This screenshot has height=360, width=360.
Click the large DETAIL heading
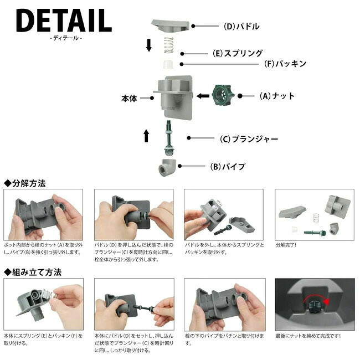tap(64, 20)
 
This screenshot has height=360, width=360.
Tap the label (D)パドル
tap(241, 27)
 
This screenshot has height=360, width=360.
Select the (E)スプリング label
tap(238, 53)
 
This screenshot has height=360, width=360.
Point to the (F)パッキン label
tap(285, 64)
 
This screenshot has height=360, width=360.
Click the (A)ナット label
tap(277, 96)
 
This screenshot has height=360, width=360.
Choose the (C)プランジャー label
tap(249, 139)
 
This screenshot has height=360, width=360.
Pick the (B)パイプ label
tap(228, 166)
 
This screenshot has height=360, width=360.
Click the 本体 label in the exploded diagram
tap(129, 98)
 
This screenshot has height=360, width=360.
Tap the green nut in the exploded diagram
tap(222, 95)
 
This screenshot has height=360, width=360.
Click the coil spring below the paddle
tap(169, 45)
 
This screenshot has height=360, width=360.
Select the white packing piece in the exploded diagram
tap(168, 64)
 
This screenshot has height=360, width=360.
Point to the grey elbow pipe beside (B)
tap(167, 167)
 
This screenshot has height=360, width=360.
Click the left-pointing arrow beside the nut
tap(203, 96)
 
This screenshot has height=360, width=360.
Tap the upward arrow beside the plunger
tap(146, 136)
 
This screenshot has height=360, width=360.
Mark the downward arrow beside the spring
tap(149, 45)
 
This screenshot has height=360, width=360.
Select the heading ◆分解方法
tap(25, 183)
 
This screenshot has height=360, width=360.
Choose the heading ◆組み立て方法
tap(33, 272)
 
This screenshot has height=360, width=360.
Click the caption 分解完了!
tap(286, 245)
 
